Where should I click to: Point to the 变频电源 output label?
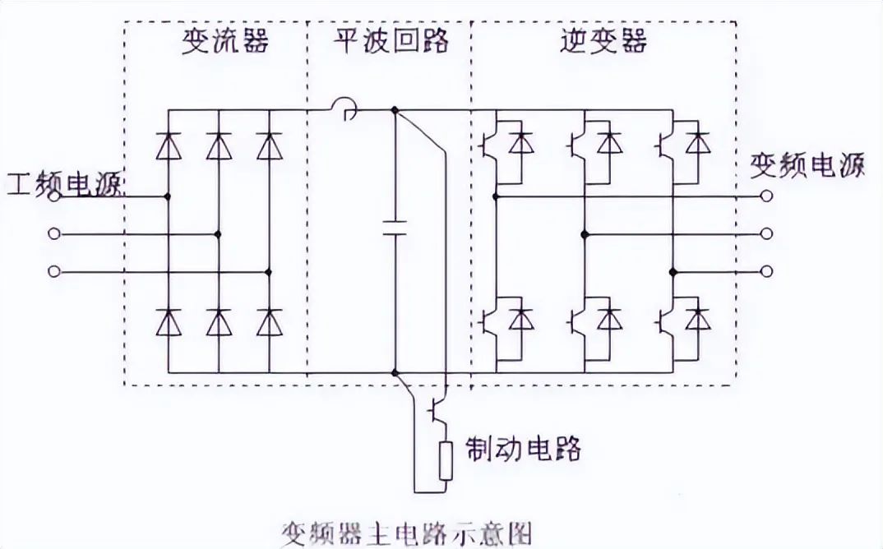click(807, 166)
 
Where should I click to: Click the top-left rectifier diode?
click(169, 146)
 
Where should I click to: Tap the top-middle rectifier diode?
click(218, 146)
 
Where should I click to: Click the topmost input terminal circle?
click(55, 197)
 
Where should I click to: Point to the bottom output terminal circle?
click(766, 272)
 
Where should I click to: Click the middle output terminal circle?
click(766, 234)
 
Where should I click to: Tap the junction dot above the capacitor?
click(395, 109)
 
